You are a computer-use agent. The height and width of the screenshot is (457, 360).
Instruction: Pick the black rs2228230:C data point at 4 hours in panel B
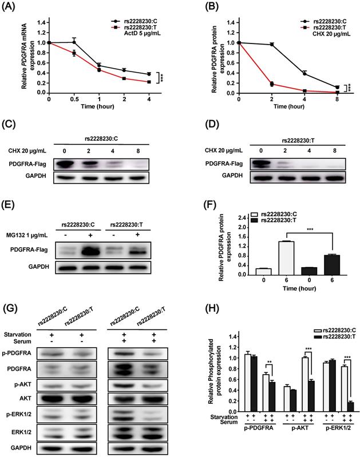tap(304, 73)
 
